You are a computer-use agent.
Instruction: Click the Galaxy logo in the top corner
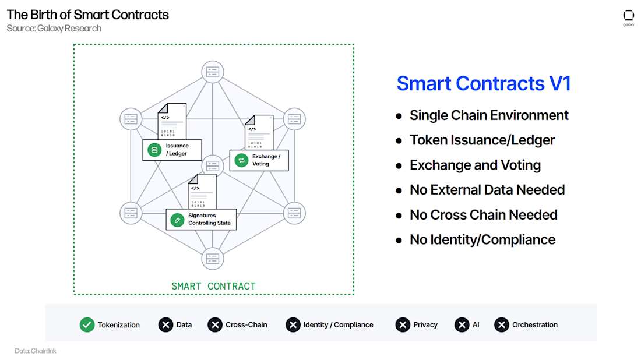628,17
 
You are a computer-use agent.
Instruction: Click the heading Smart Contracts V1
483,83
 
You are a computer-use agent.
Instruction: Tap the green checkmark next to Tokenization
87,325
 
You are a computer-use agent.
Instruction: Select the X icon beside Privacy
403,325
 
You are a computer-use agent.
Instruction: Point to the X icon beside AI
462,325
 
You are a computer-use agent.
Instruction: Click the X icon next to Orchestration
502,325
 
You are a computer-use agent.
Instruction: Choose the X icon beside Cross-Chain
215,325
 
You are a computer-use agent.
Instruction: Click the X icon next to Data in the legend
165,325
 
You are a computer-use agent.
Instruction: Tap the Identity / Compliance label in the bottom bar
338,325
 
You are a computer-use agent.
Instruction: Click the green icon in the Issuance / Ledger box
154,150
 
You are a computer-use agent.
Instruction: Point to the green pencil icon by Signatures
177,220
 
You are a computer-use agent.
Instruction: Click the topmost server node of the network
212,72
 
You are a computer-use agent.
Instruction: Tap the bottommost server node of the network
212,258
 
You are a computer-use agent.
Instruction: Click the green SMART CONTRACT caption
213,286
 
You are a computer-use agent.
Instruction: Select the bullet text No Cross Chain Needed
483,215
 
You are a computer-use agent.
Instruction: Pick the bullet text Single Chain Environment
489,115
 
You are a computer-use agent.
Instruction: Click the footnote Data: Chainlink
36,351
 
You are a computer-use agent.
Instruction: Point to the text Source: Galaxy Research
54,29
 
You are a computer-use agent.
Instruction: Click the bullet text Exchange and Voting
475,165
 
